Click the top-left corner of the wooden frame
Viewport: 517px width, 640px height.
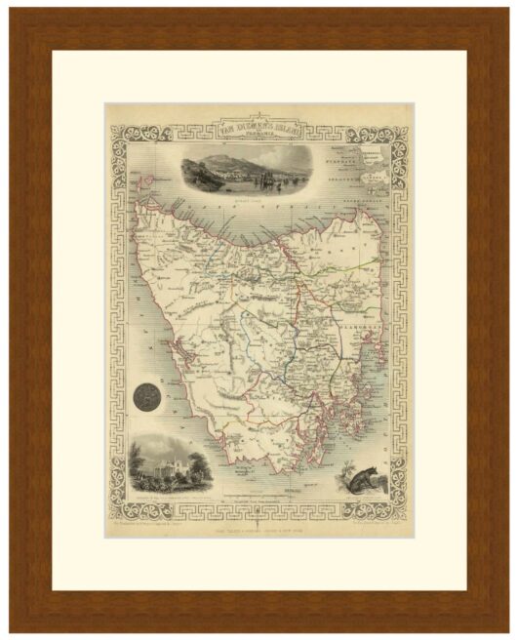pos(12,12)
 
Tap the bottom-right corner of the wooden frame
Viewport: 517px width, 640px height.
pos(505,628)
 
